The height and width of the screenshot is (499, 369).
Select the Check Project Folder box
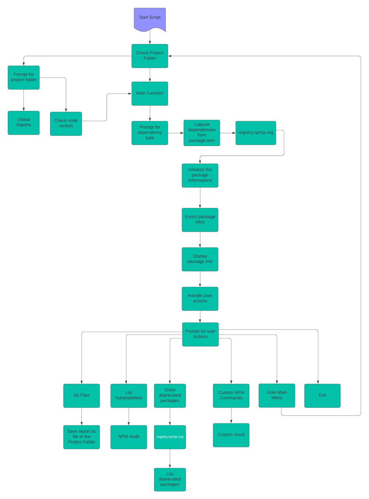[x=150, y=56]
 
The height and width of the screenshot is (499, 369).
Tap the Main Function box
[x=150, y=94]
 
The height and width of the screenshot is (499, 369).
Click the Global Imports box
[x=23, y=123]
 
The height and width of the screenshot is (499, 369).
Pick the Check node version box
[x=66, y=124]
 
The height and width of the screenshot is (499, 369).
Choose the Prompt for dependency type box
[x=150, y=133]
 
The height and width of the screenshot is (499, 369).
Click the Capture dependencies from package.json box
[x=202, y=133]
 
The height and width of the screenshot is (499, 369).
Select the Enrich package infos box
[x=200, y=220]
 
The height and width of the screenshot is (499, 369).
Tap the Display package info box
[x=200, y=259]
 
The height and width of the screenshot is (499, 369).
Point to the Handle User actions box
[x=200, y=299]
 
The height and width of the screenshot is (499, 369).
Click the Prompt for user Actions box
[x=200, y=334]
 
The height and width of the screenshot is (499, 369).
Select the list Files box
[x=82, y=396]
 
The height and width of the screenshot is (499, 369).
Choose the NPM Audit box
[x=129, y=437]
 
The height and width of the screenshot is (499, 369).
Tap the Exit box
[x=322, y=396]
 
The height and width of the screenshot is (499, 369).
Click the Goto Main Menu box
[x=277, y=395]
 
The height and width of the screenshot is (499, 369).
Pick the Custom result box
[x=231, y=435]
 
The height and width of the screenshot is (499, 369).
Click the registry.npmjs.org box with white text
[x=170, y=437]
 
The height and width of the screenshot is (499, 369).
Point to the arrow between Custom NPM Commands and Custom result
[x=231, y=416]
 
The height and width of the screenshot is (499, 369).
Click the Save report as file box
[x=82, y=437]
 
